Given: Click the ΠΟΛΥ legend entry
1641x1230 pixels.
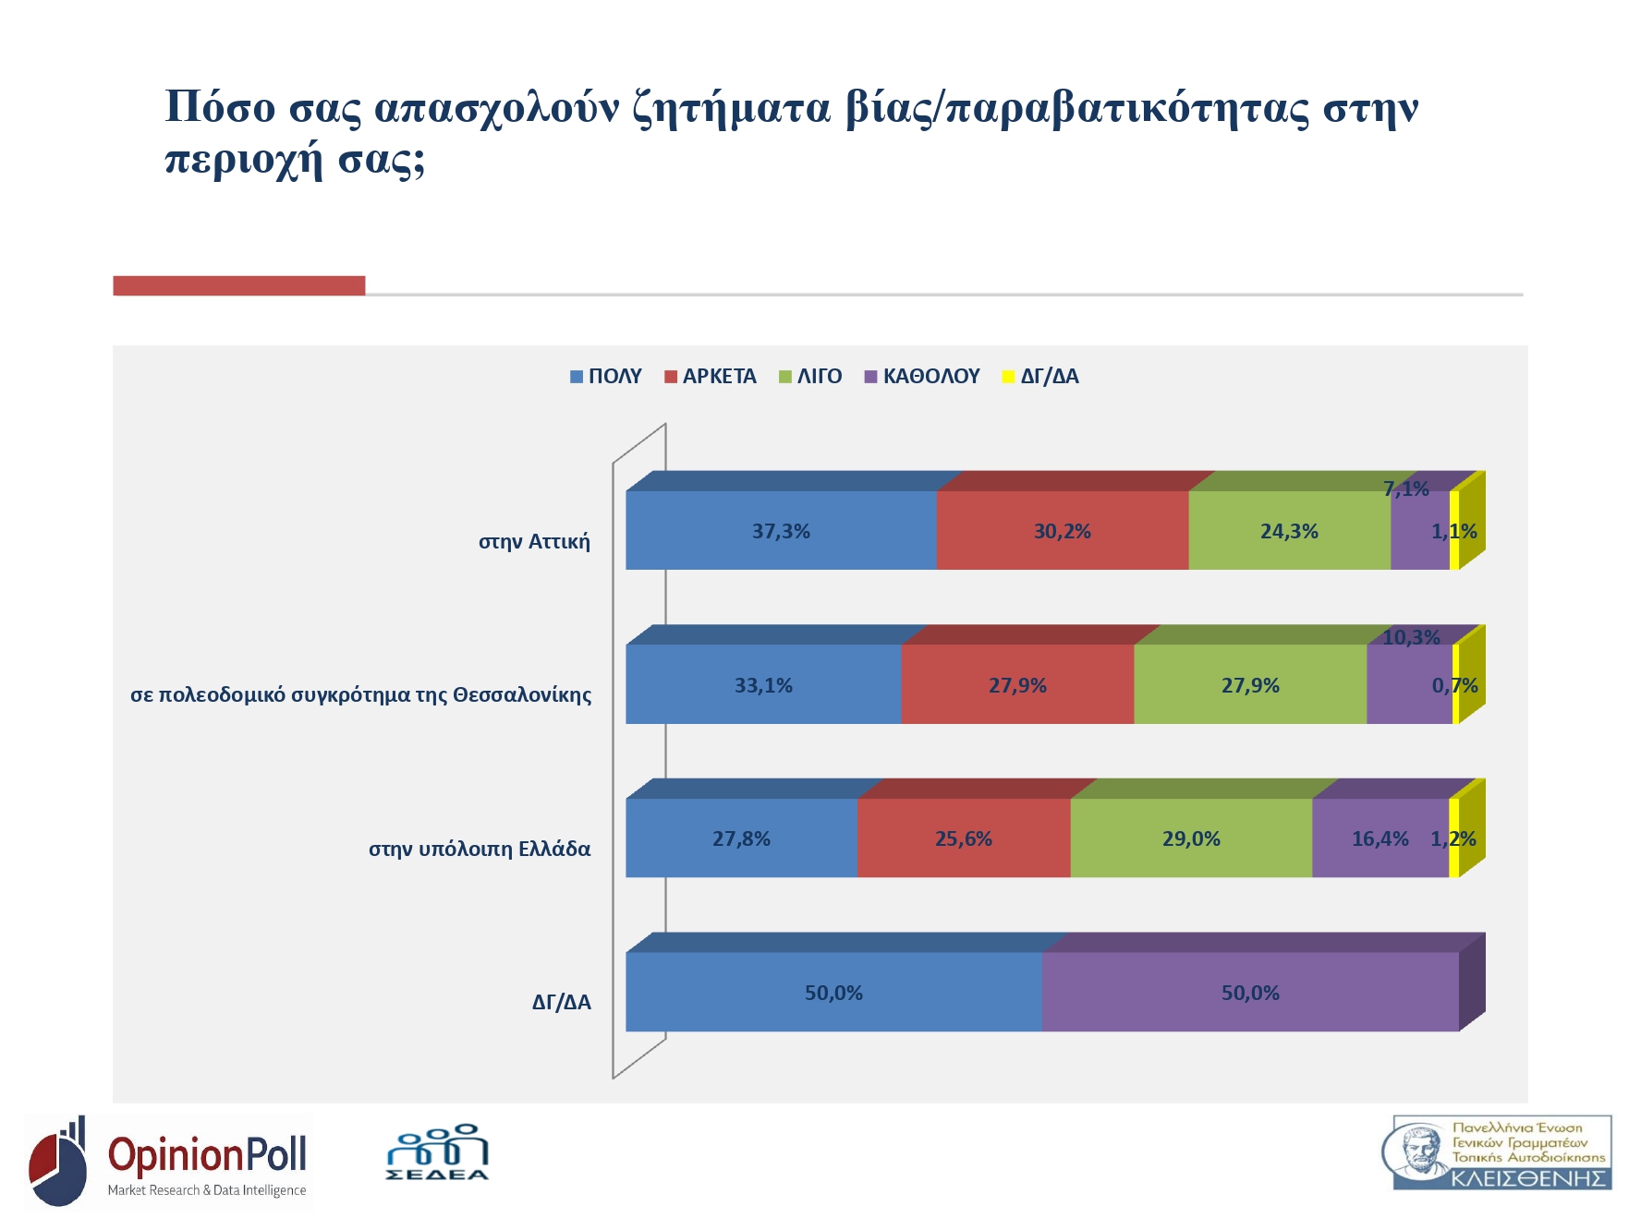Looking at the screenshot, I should (x=606, y=377).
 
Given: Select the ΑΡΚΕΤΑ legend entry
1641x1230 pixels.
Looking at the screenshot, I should (x=711, y=377).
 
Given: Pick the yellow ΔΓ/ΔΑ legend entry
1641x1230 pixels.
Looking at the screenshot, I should (x=1040, y=377).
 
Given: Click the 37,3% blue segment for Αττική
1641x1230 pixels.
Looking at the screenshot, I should (x=781, y=531).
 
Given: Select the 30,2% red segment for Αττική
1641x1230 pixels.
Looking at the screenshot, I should (x=1062, y=531).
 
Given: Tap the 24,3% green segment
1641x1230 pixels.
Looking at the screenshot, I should (x=1289, y=531).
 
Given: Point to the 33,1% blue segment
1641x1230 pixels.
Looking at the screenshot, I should (x=763, y=685).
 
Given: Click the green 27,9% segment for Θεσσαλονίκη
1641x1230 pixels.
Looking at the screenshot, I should (x=1250, y=685).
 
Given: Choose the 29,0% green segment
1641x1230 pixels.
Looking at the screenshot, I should (x=1191, y=838).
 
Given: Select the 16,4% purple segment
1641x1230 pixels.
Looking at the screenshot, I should (x=1380, y=838).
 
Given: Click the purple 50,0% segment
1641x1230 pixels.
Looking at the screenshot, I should (x=1250, y=993).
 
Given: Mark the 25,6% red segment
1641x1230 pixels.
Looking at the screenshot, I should (x=963, y=838).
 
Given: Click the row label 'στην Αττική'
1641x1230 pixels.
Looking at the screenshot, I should (x=534, y=542).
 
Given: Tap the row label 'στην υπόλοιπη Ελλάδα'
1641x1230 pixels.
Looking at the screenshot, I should (x=480, y=850).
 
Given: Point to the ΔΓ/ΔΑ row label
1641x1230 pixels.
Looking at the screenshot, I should (x=561, y=1003).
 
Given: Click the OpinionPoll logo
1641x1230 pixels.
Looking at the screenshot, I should (x=169, y=1162).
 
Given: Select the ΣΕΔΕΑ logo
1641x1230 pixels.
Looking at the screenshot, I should (x=437, y=1153).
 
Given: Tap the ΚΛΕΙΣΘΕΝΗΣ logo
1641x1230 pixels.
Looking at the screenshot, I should (x=1501, y=1152).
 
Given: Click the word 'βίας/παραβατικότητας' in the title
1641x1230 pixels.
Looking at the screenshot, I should (x=1076, y=108).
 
